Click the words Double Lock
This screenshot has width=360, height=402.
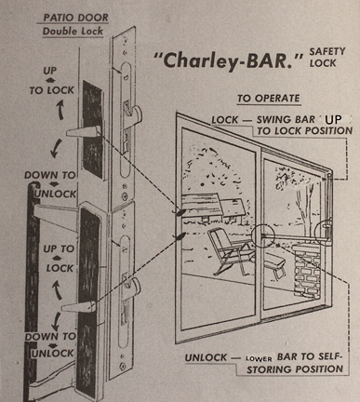(73, 31)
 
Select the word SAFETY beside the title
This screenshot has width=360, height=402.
(327, 51)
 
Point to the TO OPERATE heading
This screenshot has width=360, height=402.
(269, 99)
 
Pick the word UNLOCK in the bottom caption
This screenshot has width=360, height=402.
(206, 357)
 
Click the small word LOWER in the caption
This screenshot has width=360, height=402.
(259, 359)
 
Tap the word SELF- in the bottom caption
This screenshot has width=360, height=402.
(327, 356)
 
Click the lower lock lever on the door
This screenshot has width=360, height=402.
(78, 306)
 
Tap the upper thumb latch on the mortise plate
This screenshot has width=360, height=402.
(133, 112)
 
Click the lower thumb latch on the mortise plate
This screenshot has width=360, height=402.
(132, 285)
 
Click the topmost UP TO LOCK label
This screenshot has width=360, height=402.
(51, 81)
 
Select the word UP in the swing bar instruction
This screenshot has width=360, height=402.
(333, 120)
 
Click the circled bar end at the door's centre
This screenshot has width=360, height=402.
(262, 236)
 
